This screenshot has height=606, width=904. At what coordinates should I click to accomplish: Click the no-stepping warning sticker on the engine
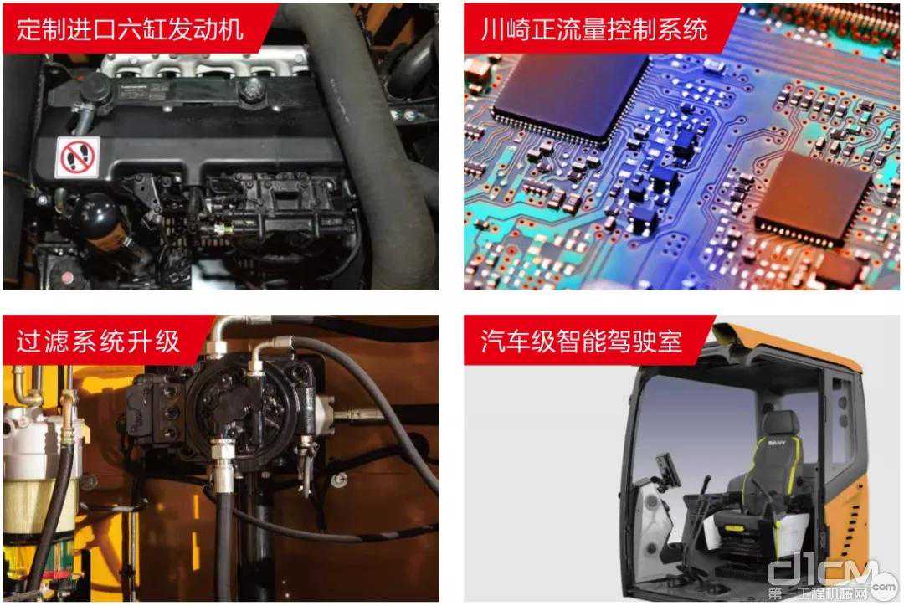(77, 157)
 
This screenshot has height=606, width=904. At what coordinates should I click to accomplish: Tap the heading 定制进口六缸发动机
(131, 28)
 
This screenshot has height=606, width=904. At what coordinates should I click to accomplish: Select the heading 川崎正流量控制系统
(594, 28)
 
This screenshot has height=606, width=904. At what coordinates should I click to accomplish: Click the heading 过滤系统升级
(98, 342)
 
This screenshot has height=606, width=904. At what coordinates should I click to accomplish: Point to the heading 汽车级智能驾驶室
(582, 342)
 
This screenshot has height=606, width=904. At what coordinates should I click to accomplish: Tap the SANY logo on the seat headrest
(776, 443)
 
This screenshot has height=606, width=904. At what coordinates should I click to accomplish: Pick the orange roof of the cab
(790, 346)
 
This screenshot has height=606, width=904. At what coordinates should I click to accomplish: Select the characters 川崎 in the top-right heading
(506, 28)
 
